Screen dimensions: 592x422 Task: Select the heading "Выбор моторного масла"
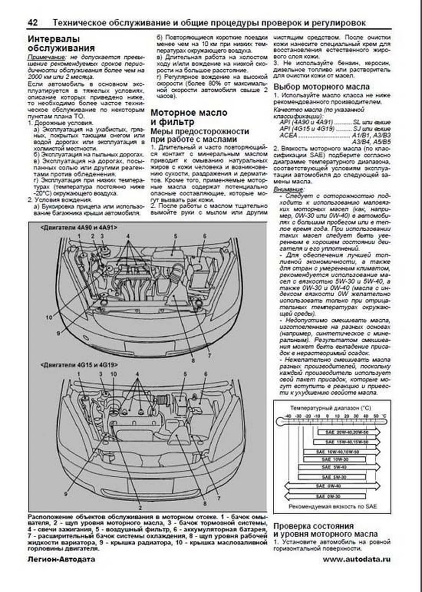(321, 86)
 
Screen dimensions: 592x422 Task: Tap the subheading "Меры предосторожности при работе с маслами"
(200, 135)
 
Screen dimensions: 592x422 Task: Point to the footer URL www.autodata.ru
(357, 559)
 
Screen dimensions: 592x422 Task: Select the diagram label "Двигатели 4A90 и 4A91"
(79, 227)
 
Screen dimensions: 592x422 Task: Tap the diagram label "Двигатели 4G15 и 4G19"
(79, 365)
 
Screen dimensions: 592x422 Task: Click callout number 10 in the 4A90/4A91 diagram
(49, 317)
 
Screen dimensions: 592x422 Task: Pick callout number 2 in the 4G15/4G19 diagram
(140, 508)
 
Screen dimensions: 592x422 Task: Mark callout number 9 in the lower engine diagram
(65, 494)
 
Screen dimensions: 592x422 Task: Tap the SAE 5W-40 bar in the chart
(339, 467)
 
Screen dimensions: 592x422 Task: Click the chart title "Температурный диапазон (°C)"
(330, 408)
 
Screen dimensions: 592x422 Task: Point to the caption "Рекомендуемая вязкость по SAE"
(332, 507)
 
